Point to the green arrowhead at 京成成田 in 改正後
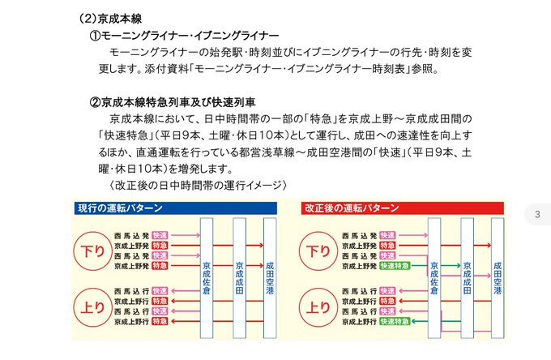(457, 265)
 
